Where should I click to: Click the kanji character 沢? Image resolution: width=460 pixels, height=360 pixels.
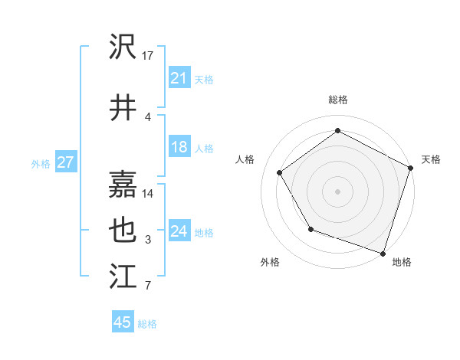pos(123,47)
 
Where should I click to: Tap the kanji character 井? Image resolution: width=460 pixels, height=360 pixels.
pos(123,108)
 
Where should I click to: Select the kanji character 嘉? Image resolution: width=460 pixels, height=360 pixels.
pos(123,185)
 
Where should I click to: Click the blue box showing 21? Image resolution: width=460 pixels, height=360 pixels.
pos(179,78)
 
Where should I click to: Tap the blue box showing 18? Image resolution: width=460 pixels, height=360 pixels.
pos(179,147)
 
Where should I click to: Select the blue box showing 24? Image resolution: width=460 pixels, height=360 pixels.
pos(179,231)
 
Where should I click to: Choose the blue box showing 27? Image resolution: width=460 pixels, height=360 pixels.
pos(66,162)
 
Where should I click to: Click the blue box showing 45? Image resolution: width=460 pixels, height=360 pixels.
pos(123,322)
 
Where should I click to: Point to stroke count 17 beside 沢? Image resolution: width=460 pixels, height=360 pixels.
pos(149,56)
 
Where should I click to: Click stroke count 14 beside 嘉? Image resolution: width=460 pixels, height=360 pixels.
pos(149,194)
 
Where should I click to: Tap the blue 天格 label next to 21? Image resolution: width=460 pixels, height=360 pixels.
pos(204,79)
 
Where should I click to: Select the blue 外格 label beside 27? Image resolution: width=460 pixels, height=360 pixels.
pos(41,163)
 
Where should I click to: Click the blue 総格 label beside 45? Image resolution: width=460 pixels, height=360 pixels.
pos(147,323)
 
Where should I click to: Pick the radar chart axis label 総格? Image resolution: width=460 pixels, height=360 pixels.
pos(338,100)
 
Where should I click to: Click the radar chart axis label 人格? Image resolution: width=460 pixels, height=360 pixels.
pos(245,159)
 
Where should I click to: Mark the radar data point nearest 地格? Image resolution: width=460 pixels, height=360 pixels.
pos(383,253)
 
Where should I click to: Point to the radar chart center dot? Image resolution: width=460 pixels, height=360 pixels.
pos(337,191)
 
